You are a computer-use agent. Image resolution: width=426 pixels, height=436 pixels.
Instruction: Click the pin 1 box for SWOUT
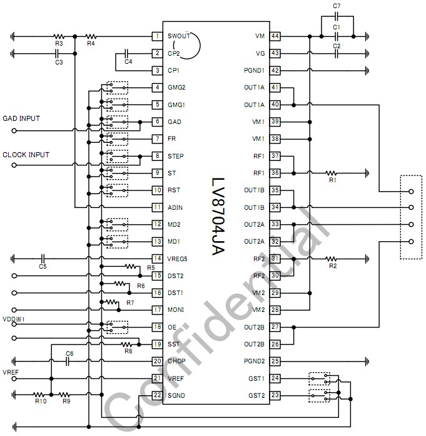click(158, 36)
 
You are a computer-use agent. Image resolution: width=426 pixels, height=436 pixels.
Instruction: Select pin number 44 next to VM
click(275, 36)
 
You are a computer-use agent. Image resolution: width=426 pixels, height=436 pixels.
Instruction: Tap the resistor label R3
click(59, 44)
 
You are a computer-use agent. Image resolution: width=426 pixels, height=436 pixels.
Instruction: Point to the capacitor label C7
click(337, 6)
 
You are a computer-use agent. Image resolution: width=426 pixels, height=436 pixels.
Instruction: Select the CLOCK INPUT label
click(26, 154)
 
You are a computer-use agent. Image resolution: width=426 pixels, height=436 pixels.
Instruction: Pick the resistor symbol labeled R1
click(332, 172)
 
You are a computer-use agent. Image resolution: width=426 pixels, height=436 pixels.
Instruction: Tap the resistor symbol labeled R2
click(332, 258)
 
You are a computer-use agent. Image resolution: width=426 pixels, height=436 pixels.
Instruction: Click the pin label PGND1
click(255, 71)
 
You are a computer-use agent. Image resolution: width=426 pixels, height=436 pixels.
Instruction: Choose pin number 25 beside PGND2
click(275, 361)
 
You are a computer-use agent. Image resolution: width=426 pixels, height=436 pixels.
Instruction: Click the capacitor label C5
click(43, 266)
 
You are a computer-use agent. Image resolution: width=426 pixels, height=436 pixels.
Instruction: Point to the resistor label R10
click(41, 402)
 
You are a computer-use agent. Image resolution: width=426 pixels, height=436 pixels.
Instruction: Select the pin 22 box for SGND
click(158, 395)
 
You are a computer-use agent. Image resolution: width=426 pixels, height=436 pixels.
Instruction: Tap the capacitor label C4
click(128, 61)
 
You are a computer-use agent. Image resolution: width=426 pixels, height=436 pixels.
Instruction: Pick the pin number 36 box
click(275, 173)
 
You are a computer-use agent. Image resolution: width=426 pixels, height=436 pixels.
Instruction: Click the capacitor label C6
click(70, 354)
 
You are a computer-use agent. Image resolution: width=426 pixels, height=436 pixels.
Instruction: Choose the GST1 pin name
click(256, 378)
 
